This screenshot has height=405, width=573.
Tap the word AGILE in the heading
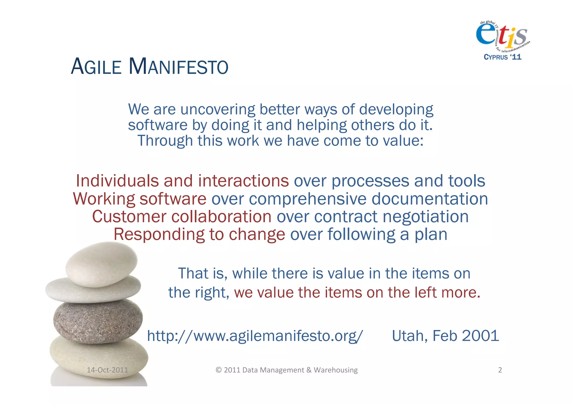96,67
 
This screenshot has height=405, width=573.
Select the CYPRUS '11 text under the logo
502,57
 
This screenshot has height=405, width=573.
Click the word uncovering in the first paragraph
218,109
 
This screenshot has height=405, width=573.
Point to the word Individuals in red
117,181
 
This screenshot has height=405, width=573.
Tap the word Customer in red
129,217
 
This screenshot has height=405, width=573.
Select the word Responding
159,235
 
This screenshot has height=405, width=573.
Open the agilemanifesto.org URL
255,336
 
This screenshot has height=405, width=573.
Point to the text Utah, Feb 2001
445,336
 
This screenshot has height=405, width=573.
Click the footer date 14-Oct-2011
107,370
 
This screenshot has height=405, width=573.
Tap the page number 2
500,370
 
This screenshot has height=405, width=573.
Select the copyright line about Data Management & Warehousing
286,370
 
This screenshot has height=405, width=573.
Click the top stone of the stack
101,264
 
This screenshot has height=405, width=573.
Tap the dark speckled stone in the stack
98,321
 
